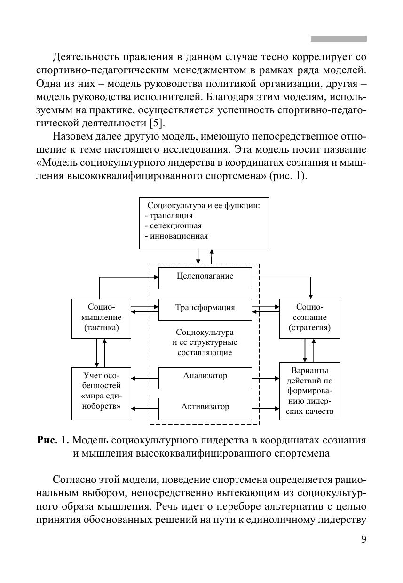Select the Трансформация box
(205, 309)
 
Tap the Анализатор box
(205, 377)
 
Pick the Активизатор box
(205, 407)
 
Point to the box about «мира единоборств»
(101, 393)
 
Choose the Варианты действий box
(309, 391)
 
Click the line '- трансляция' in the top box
(169, 216)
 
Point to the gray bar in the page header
(339, 39)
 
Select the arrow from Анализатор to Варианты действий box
(266, 378)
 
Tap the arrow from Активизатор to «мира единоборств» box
(144, 409)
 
